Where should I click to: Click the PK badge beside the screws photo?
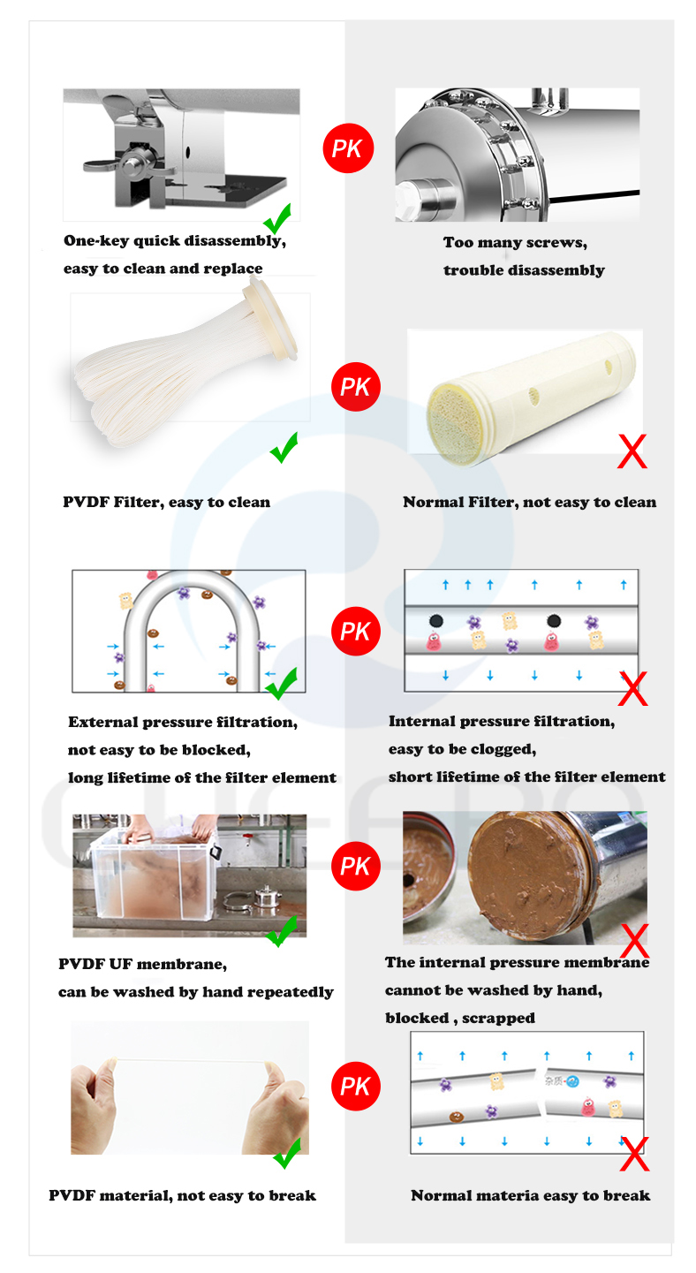348,148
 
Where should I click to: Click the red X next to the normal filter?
632,451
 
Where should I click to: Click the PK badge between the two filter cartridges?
355,387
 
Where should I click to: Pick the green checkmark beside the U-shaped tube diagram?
282,682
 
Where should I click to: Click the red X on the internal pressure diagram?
632,689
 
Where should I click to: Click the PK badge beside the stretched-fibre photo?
355,1086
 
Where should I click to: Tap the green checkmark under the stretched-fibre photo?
286,1153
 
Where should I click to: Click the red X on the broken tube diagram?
633,1153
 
